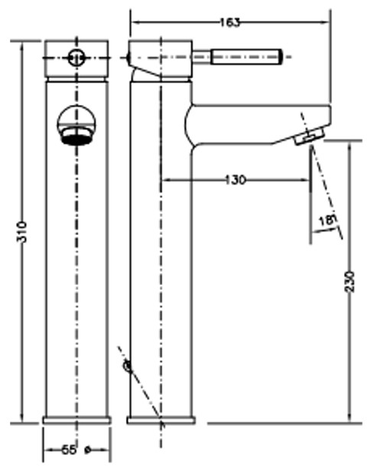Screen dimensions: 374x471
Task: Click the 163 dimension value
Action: tap(230, 22)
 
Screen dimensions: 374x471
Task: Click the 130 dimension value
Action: tap(236, 180)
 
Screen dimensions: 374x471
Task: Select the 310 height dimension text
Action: tap(22, 232)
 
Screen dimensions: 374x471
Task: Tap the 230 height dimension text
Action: tap(350, 282)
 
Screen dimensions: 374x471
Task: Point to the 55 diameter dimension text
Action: tap(69, 450)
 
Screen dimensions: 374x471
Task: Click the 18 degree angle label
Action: tap(327, 221)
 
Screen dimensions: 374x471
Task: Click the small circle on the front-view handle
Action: tap(76, 57)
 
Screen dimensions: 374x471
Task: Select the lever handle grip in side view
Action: tap(246, 57)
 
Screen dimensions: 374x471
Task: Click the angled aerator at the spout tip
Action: tap(310, 136)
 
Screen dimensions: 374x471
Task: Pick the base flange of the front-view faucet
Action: tap(76, 420)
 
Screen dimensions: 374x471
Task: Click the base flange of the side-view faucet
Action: tap(161, 420)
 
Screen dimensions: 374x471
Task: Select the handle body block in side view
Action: tap(161, 60)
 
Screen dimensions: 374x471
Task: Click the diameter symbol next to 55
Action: tap(88, 450)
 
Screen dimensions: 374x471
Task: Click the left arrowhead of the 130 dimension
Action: tap(166, 180)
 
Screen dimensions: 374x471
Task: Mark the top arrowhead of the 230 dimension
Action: tap(350, 146)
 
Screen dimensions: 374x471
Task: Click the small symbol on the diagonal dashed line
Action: tap(127, 366)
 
